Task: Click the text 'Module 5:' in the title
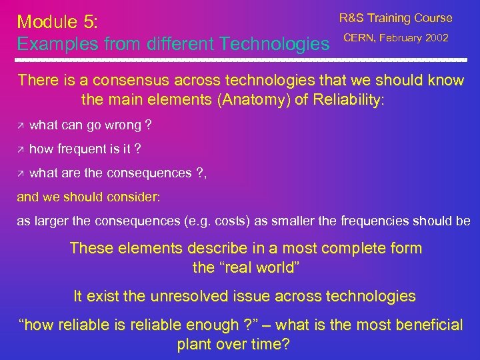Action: (57, 21)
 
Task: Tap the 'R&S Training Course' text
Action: (395, 19)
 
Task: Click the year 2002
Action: (437, 38)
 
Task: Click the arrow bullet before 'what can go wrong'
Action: (21, 126)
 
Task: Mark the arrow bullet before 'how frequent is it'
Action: (21, 150)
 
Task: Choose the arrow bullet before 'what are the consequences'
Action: (21, 174)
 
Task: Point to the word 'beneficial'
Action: (421, 325)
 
